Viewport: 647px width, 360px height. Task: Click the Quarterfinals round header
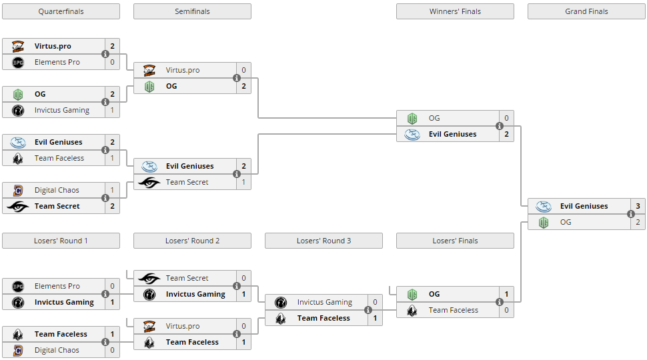pos(61,11)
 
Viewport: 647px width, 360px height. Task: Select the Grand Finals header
pos(586,11)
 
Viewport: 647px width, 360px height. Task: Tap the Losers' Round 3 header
pos(323,241)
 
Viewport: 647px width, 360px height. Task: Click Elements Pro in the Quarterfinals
pos(57,62)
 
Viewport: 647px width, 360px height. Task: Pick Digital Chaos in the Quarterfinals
pos(57,190)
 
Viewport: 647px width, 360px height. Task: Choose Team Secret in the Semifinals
pos(187,182)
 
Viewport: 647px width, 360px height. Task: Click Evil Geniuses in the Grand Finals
pos(584,206)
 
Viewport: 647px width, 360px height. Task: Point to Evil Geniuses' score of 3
pos(638,206)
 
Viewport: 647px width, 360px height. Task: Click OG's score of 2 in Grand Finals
pos(638,222)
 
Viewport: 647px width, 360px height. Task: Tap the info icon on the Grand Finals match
pos(630,215)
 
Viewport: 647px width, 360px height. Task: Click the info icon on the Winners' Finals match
pos(499,127)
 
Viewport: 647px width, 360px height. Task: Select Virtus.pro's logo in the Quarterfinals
pos(18,46)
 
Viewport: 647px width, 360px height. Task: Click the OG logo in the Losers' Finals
pos(412,294)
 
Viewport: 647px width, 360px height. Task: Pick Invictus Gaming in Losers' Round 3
pos(324,302)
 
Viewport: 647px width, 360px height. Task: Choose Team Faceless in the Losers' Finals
pos(453,310)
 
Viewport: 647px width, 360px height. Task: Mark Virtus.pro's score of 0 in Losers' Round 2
pos(243,326)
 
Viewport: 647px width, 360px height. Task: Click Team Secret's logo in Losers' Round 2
pos(149,278)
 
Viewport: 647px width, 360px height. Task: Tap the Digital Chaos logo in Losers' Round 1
pos(18,350)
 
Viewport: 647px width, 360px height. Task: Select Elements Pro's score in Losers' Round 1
pos(112,286)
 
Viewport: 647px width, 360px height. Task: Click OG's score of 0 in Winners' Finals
pos(506,118)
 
